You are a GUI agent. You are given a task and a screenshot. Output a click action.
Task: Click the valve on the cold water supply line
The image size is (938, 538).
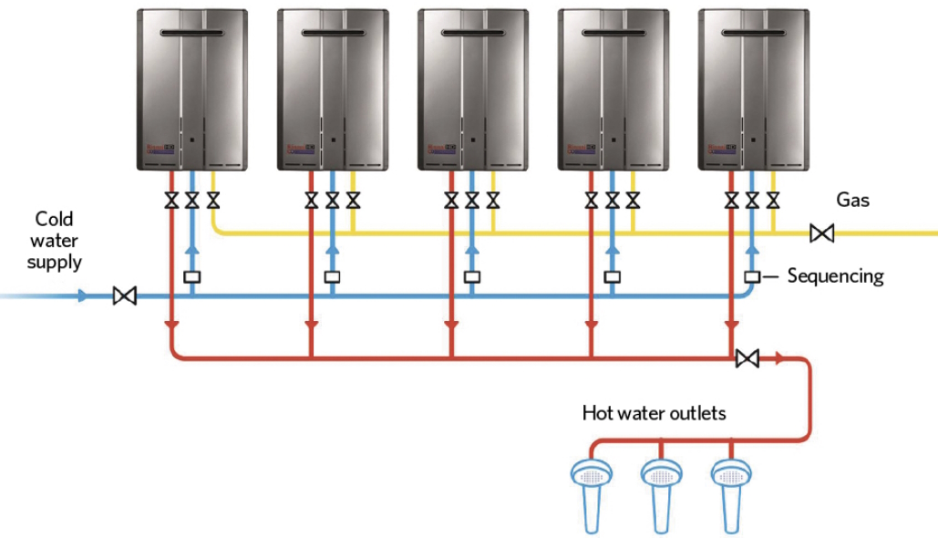[x=124, y=296]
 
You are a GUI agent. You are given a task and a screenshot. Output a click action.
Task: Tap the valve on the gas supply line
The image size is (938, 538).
[x=821, y=234]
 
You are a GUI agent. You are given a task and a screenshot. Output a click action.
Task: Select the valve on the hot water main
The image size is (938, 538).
[x=747, y=358]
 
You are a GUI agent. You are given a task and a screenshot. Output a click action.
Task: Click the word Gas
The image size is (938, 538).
[x=852, y=200]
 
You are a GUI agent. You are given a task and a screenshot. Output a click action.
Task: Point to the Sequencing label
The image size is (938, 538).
[x=835, y=275]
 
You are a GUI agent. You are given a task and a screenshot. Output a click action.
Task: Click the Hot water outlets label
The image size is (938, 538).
[x=654, y=413]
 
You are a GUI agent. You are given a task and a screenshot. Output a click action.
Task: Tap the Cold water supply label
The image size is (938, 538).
[x=54, y=241]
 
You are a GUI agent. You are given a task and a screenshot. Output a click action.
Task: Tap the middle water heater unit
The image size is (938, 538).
[x=472, y=89]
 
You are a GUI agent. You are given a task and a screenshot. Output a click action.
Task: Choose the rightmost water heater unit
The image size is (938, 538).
[x=753, y=89]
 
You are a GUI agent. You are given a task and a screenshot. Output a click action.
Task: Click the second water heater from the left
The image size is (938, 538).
[x=332, y=89]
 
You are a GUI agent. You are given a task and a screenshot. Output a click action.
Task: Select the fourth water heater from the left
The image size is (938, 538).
[x=613, y=89]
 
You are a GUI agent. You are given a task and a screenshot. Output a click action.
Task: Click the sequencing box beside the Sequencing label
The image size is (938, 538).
[x=752, y=276]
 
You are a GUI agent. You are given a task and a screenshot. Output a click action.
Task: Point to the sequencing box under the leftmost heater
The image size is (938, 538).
[x=191, y=276]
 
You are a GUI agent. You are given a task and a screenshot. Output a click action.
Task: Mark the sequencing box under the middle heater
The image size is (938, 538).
[x=472, y=276]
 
